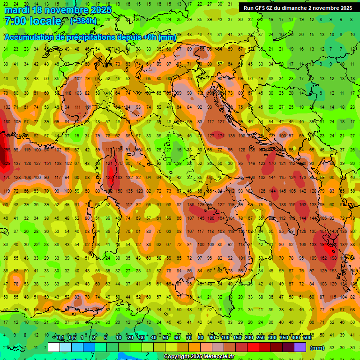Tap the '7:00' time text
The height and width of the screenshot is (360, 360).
click(x=15, y=21)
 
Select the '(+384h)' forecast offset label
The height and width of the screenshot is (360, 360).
click(x=83, y=21)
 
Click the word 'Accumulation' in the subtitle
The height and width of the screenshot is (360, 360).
click(x=29, y=37)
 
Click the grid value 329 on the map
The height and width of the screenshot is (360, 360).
click(x=7, y=163)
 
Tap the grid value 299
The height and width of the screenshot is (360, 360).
click(x=6, y=150)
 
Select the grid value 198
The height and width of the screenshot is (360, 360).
click(x=333, y=258)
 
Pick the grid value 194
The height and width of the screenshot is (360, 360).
click(x=323, y=245)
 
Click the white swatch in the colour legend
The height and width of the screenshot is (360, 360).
click(x=54, y=347)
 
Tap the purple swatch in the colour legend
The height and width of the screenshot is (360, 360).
click(x=300, y=347)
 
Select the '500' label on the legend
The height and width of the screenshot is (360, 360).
click(x=307, y=338)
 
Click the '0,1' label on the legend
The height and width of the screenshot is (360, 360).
click(x=60, y=338)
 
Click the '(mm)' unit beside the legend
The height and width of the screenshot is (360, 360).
click(x=317, y=348)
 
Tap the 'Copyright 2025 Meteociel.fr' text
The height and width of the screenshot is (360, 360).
click(x=199, y=356)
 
